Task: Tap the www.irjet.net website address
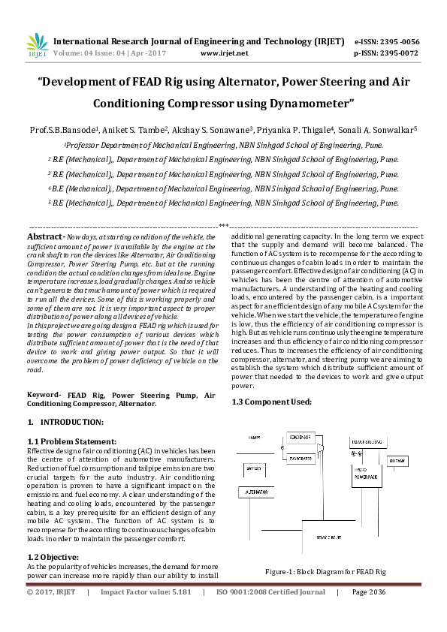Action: (x=225, y=53)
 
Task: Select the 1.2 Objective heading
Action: (x=53, y=556)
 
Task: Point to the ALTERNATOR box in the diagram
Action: (x=257, y=492)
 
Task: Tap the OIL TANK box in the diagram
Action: (x=396, y=459)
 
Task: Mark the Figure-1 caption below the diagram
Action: (x=325, y=572)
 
